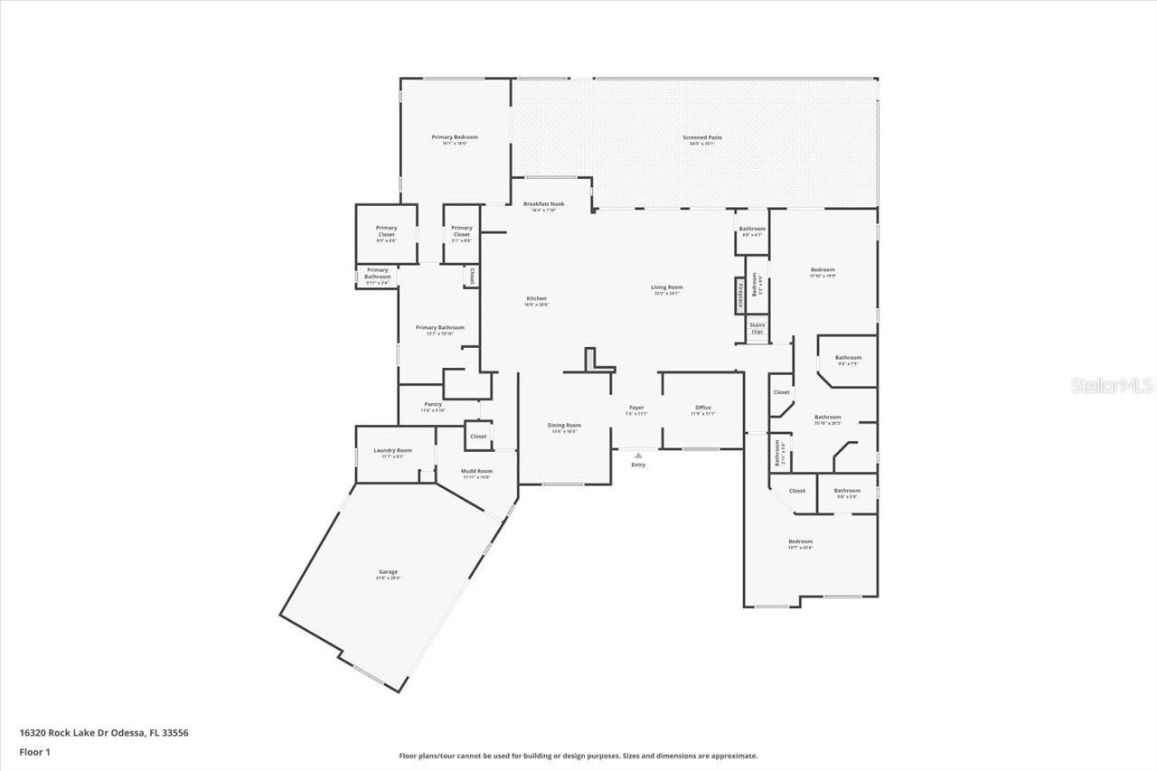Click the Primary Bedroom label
point(454,137)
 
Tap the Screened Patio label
point(701,137)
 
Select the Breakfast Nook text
point(543,204)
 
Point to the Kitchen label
point(537,299)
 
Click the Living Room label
point(666,287)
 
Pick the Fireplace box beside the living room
point(739,296)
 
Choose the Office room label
point(702,409)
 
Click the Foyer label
point(637,409)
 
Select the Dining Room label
point(564,425)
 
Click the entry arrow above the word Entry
point(638,456)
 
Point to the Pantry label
point(433,405)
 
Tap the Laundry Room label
point(392,451)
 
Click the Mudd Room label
point(476,472)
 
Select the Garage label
point(389,572)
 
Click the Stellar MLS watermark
point(1112,386)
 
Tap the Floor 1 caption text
point(35,751)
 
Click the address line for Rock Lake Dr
point(103,733)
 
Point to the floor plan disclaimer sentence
point(578,756)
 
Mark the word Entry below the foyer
point(638,465)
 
